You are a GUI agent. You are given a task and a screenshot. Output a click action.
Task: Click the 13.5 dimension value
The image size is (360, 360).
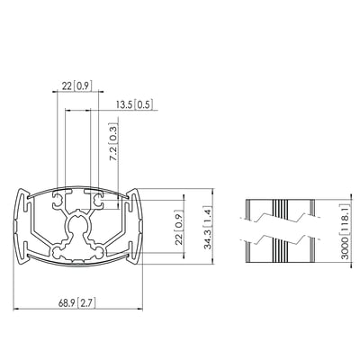[124, 105]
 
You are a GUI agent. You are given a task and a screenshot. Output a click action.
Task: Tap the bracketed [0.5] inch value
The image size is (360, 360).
[144, 105]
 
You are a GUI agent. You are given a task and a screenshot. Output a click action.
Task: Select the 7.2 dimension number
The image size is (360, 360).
[113, 153]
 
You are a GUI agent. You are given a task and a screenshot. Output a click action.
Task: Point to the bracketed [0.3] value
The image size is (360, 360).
[113, 133]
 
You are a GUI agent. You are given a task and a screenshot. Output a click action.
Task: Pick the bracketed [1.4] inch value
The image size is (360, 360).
[208, 216]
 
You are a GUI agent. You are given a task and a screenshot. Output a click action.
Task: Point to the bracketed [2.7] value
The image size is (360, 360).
[86, 303]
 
